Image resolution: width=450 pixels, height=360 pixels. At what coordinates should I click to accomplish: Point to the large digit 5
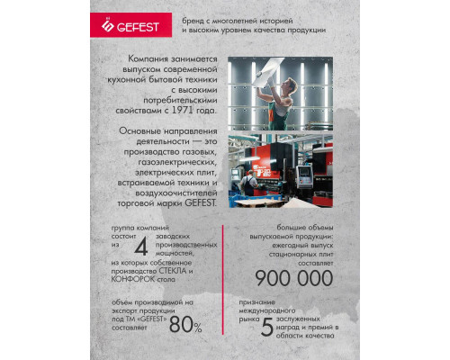coord(266,326)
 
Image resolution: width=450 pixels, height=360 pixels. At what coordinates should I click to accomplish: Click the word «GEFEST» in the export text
coord(150,319)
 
